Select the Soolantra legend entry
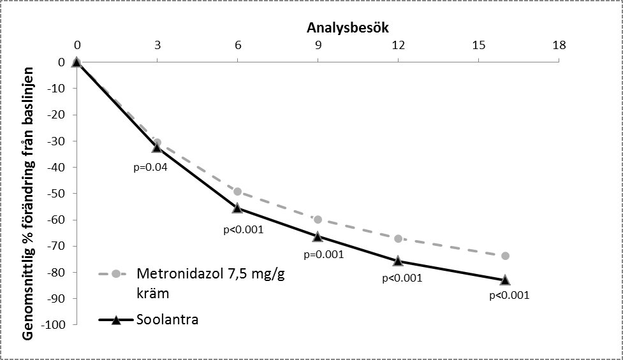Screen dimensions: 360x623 pyautogui.click(x=167, y=319)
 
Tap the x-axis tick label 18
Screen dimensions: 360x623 pyautogui.click(x=559, y=45)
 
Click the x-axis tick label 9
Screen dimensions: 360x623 pyautogui.click(x=318, y=45)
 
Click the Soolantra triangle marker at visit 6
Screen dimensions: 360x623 pyautogui.click(x=238, y=208)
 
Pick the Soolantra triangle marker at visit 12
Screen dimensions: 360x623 pyautogui.click(x=399, y=261)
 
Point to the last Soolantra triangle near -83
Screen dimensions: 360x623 pyautogui.click(x=506, y=280)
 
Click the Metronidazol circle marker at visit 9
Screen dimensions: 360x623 pyautogui.click(x=318, y=219)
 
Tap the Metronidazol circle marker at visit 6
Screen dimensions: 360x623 pyautogui.click(x=238, y=191)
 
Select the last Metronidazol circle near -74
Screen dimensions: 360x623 pyautogui.click(x=506, y=256)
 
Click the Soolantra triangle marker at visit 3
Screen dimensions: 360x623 pyautogui.click(x=158, y=147)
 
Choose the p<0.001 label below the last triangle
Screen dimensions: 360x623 pyautogui.click(x=509, y=296)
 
